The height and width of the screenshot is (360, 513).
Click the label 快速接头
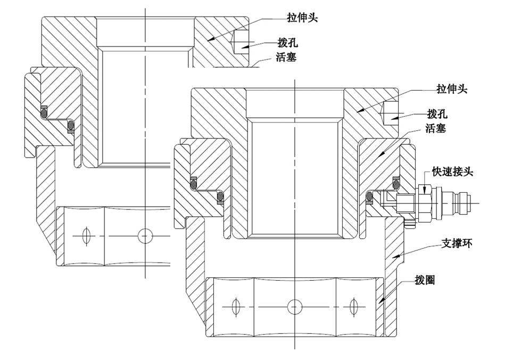point(452,171)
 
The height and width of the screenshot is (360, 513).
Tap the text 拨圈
point(425,280)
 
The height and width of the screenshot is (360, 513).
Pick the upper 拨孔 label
point(287,43)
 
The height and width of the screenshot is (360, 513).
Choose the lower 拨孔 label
point(437,113)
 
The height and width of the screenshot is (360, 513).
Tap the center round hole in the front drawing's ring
point(295,306)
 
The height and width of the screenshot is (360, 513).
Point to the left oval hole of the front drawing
point(235,306)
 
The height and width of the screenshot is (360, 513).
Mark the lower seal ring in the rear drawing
point(70,126)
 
